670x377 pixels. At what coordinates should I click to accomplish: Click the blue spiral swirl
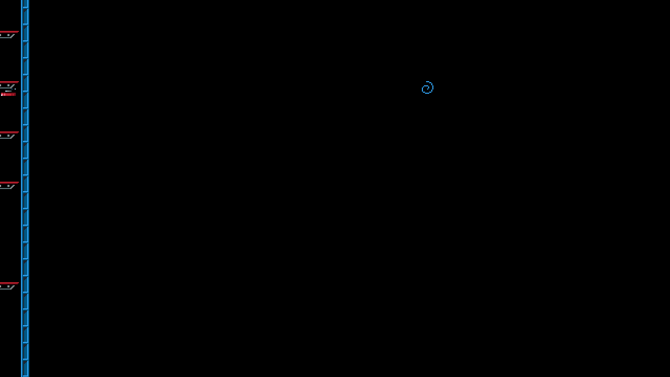pos(428,87)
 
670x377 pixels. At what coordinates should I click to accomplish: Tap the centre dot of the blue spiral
pos(426,89)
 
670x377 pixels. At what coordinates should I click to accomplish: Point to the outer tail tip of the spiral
pos(429,82)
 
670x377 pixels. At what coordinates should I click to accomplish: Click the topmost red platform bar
pos(9,32)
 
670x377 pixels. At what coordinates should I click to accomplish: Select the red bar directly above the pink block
pos(9,82)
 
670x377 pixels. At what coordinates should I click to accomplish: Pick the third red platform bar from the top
pos(9,132)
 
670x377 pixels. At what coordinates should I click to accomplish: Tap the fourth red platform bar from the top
pos(9,183)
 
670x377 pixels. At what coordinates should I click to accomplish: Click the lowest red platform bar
pos(9,283)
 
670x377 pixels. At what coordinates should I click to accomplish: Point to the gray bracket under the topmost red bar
pos(8,36)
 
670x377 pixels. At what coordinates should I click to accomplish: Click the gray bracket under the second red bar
pos(8,86)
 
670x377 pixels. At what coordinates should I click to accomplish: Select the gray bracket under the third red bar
pos(8,136)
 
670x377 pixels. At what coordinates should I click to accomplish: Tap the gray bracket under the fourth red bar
pos(8,186)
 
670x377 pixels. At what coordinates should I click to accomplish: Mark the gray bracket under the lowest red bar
pos(8,287)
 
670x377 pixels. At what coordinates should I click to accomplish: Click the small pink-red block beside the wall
pos(8,94)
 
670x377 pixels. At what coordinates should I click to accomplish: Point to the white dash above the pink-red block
pos(8,91)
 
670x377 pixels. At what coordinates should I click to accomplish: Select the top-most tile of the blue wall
pos(25,3)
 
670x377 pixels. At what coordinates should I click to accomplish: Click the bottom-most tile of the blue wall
pos(25,369)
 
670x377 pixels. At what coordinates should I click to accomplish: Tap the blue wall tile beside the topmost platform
pos(25,34)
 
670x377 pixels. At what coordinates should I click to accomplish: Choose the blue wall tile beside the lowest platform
pos(25,285)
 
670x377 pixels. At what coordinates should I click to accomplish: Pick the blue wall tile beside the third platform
pos(25,134)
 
